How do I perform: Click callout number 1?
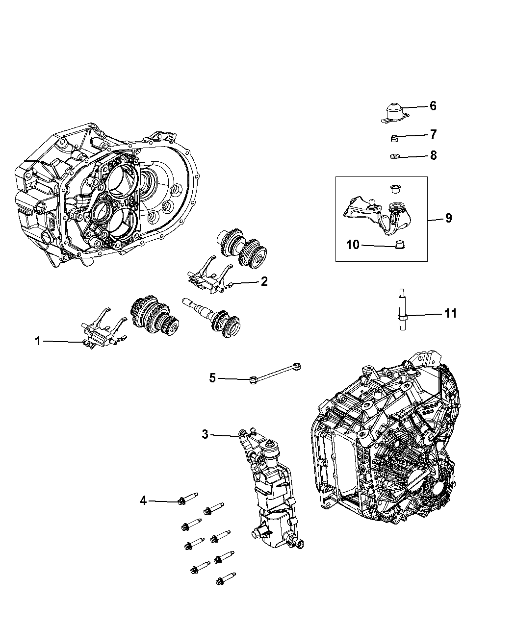pos(38,341)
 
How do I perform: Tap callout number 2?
pos(264,281)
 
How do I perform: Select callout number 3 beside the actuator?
pos(205,434)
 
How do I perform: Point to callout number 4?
pos(143,500)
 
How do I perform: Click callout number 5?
pos(212,378)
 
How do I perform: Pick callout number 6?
pos(433,106)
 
